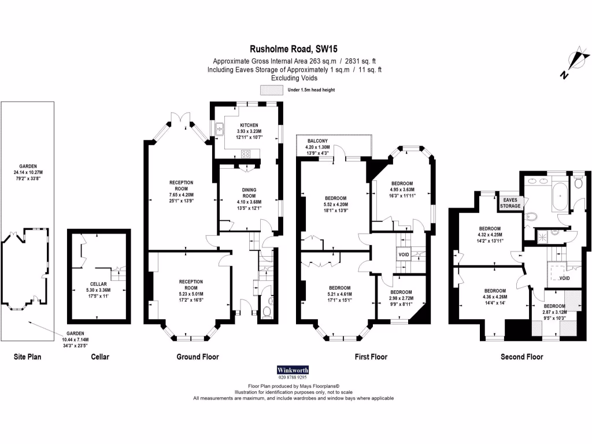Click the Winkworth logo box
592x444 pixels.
click(293, 370)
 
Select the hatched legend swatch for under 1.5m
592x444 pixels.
click(271, 90)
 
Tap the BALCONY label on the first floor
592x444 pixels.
click(317, 141)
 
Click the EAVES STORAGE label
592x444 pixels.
click(510, 202)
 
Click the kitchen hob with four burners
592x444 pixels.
click(245, 154)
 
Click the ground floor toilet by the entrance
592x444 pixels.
click(266, 313)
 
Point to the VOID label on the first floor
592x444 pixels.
click(402, 254)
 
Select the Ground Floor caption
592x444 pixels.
click(197, 357)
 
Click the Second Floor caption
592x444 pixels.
click(521, 357)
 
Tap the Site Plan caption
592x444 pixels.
click(27, 357)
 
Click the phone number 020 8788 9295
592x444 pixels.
click(293, 378)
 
